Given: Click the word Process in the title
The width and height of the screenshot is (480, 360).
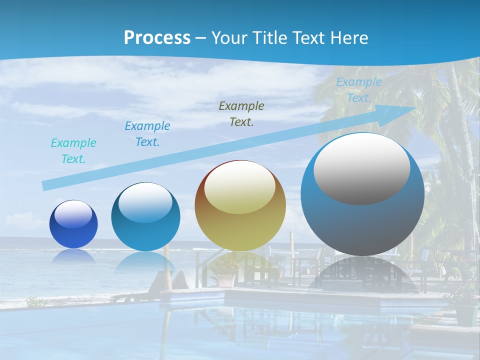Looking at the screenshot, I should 157,37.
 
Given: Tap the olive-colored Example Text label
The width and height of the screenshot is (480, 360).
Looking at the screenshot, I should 241,113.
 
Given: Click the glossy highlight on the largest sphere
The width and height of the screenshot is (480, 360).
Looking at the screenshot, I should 362,167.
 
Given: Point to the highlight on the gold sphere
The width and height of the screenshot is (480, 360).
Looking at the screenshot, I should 239,187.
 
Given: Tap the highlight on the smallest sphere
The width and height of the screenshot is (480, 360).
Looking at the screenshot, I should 73,214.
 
